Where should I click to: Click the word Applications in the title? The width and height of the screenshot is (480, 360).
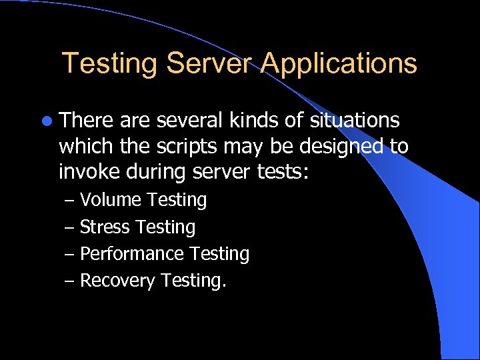[x=339, y=63]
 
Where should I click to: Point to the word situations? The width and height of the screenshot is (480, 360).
[x=353, y=121]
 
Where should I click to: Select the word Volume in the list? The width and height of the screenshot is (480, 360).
[x=111, y=199]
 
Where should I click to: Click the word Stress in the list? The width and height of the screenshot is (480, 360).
[x=105, y=227]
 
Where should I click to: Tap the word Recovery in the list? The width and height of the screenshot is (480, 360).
[x=117, y=281]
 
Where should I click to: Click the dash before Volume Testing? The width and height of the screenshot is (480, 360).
[x=71, y=200]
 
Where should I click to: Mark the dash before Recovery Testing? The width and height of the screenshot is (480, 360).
[x=71, y=281]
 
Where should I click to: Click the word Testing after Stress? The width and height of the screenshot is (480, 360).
[x=165, y=227]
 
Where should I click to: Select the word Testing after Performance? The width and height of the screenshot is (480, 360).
[x=219, y=254]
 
